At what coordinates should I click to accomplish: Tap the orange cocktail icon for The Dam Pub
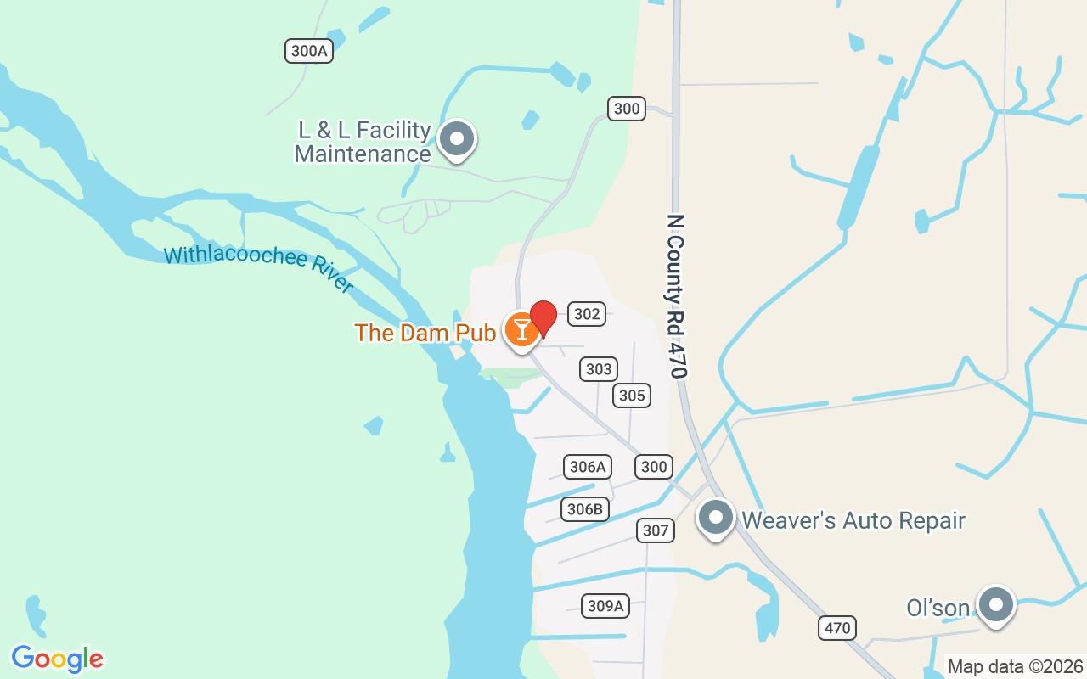521,329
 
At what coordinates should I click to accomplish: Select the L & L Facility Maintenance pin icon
458,139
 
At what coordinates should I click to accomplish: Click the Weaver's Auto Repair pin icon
716,517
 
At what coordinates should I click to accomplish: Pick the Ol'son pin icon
996,605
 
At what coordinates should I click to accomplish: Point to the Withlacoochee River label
258,267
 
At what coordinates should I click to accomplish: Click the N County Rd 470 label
677,295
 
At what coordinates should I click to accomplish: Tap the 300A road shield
308,51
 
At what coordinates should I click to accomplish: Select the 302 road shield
587,314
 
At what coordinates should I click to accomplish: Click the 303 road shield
599,369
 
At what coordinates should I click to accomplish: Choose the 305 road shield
632,396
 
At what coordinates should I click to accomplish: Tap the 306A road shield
588,467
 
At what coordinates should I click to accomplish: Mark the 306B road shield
585,509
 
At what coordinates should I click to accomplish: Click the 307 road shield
656,531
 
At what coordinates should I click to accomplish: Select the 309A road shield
605,606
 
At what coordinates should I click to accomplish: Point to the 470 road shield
837,629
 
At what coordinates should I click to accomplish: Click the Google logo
57,659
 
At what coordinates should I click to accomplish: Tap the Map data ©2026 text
1015,666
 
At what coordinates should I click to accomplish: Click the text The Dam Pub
425,333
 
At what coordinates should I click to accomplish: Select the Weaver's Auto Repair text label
853,520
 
